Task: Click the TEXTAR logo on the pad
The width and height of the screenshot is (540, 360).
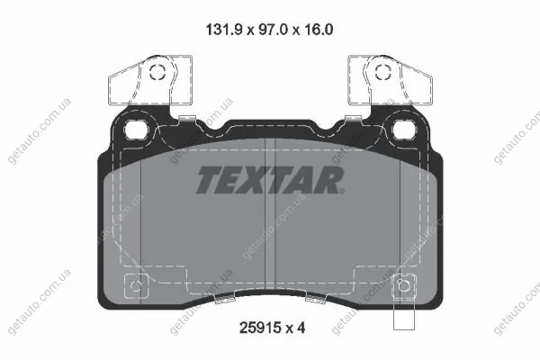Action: pyautogui.click(x=270, y=180)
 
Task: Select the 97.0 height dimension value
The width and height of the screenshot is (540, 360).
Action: pyautogui.click(x=269, y=30)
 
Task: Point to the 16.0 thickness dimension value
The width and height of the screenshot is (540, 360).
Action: pyautogui.click(x=318, y=30)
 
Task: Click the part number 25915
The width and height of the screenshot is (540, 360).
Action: pyautogui.click(x=260, y=328)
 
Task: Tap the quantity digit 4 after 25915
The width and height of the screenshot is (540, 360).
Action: pyautogui.click(x=301, y=328)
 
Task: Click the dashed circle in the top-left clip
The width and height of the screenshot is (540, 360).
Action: pyautogui.click(x=157, y=72)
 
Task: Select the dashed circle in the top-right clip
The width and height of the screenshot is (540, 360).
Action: pyautogui.click(x=383, y=72)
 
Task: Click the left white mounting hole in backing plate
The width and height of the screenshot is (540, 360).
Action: pyautogui.click(x=136, y=130)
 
